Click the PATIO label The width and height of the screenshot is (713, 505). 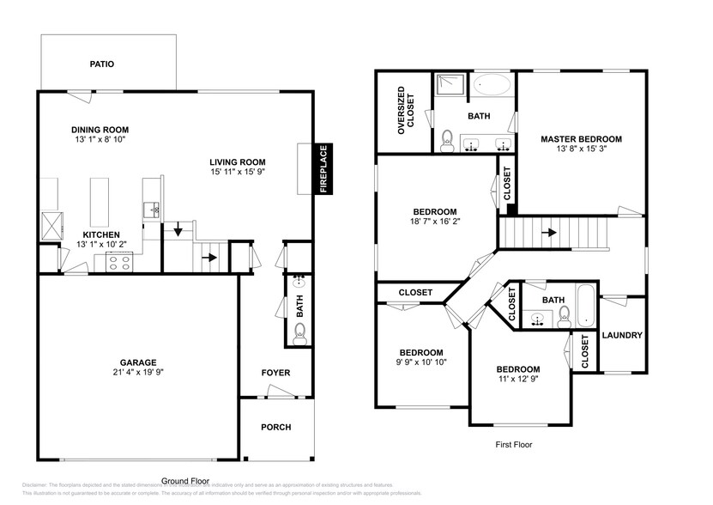click(x=102, y=64)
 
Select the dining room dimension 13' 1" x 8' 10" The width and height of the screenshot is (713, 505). click(x=100, y=139)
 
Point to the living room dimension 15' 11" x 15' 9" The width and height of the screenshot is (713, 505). click(x=238, y=171)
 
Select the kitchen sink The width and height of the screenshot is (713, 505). click(x=154, y=209)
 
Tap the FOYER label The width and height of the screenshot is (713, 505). click(x=275, y=373)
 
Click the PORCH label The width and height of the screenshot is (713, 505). click(x=275, y=427)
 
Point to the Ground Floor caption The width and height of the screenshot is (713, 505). click(x=185, y=481)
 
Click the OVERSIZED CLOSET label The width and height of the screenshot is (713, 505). click(x=405, y=113)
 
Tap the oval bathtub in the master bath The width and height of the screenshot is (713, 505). click(x=492, y=85)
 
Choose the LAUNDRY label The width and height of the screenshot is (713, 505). click(x=622, y=335)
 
